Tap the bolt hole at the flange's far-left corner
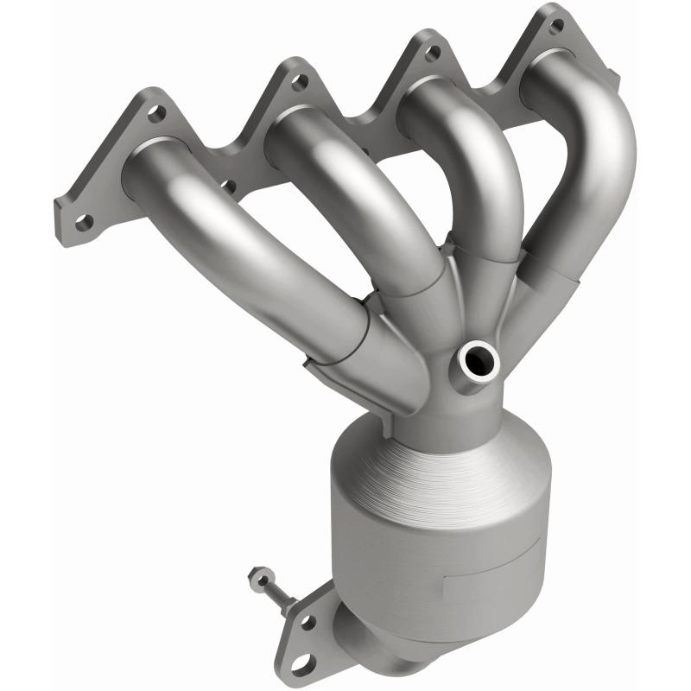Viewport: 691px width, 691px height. [83, 222]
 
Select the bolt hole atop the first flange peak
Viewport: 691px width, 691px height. [157, 112]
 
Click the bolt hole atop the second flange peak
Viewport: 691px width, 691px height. [299, 82]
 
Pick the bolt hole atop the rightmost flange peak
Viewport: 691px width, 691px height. [555, 26]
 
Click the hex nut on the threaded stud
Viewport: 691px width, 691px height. [257, 580]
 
